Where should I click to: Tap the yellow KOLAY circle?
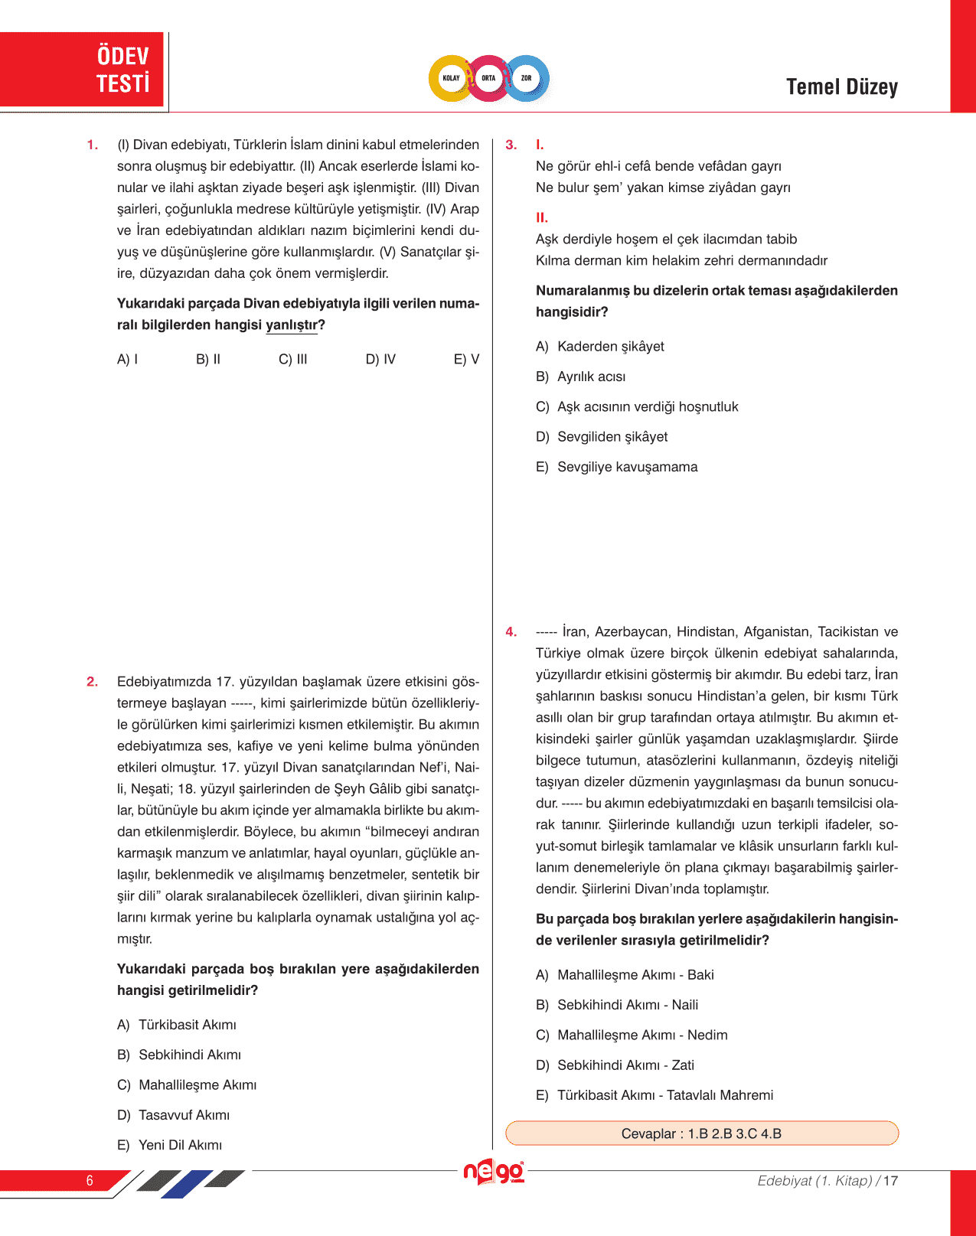[451, 78]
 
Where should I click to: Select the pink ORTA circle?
[488, 78]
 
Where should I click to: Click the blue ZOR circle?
[527, 78]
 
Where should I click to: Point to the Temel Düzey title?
[841, 87]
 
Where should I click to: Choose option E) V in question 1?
[466, 359]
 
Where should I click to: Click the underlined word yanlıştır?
[292, 325]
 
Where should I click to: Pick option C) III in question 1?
[292, 359]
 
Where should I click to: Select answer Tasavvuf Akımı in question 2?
[183, 1115]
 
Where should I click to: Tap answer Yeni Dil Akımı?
[179, 1145]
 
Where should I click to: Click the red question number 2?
[92, 682]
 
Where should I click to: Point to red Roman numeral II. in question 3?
[542, 217]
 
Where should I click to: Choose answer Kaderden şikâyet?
[610, 347]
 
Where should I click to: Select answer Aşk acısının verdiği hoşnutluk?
[647, 406]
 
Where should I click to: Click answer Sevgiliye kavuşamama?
[627, 467]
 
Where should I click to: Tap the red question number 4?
[511, 632]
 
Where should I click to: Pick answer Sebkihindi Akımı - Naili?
[627, 1005]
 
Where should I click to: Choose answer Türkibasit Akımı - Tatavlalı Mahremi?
[664, 1095]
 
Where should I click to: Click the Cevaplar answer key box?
[701, 1133]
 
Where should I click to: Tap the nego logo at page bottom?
[494, 1172]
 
